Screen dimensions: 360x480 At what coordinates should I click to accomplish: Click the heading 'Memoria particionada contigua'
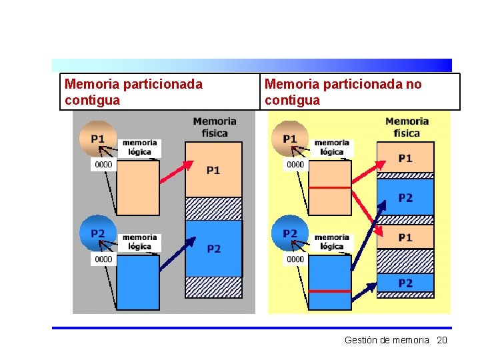click(x=133, y=92)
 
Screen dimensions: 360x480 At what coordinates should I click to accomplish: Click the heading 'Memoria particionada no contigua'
click(x=343, y=92)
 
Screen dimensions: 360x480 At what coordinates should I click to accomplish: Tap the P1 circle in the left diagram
click(x=97, y=138)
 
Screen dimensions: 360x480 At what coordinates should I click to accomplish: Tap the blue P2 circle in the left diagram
click(x=97, y=233)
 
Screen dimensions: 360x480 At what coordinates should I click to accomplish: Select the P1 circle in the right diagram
click(x=290, y=138)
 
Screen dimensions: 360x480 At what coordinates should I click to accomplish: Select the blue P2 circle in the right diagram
click(x=290, y=233)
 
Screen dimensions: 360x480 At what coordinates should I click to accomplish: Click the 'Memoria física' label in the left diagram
click(x=214, y=127)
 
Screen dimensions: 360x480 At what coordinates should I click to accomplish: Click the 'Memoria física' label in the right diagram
click(x=406, y=127)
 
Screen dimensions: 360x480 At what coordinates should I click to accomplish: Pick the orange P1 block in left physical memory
click(x=213, y=170)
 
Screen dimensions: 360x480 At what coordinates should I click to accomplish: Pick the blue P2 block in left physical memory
click(x=213, y=249)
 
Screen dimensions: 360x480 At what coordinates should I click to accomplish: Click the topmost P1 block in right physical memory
click(x=405, y=159)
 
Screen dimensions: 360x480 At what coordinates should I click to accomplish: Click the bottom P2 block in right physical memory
click(x=405, y=283)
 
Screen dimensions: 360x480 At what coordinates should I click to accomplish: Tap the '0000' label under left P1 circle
click(x=103, y=164)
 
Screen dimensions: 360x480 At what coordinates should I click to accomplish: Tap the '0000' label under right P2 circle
click(x=295, y=259)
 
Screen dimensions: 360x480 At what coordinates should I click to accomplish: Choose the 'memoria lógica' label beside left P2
click(x=140, y=241)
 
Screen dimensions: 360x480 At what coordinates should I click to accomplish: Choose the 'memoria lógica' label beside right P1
click(x=332, y=147)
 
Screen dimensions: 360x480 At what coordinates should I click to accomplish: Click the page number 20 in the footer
click(x=441, y=340)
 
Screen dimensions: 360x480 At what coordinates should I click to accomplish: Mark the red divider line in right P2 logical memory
click(x=331, y=291)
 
